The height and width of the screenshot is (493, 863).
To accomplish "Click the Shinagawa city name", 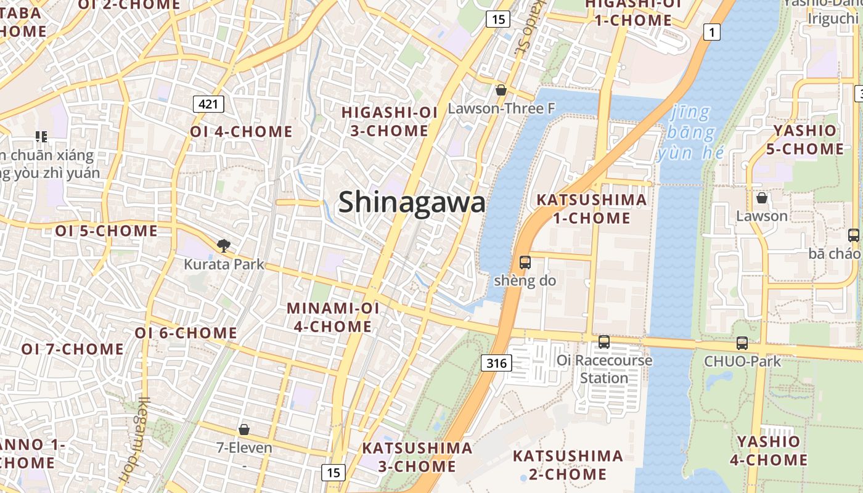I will (412, 202).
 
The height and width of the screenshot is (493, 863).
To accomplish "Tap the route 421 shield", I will (208, 104).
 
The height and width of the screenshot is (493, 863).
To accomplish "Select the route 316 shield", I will (496, 363).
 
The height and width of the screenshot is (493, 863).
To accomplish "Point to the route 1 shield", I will (712, 32).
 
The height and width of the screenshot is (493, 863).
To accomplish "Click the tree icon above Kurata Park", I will (223, 246).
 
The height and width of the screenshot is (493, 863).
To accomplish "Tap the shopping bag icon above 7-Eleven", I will (244, 429).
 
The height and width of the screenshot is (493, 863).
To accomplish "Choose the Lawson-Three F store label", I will (501, 108).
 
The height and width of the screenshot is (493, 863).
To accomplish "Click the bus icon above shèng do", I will (525, 263).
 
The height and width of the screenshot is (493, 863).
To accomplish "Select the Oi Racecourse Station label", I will (604, 369).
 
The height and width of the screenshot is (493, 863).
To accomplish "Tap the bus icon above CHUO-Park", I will (742, 343).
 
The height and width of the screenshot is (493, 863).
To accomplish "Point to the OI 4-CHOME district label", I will (241, 132).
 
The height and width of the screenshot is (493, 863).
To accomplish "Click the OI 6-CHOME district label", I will (186, 333).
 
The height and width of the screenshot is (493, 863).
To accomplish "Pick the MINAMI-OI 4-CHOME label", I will (333, 317).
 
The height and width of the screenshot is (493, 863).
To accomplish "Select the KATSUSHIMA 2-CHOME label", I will (568, 465).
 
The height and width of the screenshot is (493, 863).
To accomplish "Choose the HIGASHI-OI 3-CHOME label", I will (390, 121).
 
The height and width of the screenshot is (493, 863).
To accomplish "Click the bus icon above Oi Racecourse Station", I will (604, 341).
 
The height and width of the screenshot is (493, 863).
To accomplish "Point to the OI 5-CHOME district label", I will (107, 231).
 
